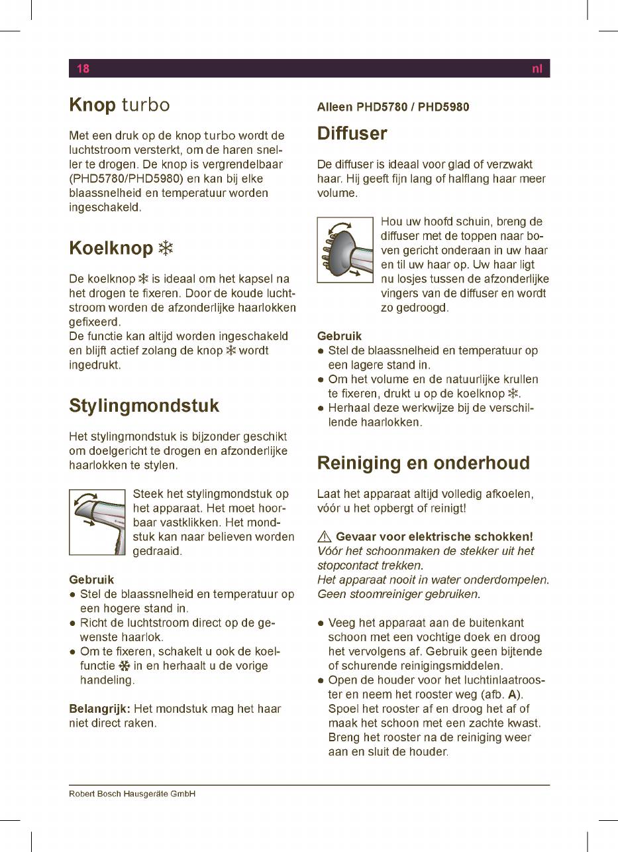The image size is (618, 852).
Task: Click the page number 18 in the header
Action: pos(83,68)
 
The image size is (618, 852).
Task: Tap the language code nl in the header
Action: pos(537,68)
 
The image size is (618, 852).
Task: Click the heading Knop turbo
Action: pos(119,105)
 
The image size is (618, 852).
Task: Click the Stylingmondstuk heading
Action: pos(144,405)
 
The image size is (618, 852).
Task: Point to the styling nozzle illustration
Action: pos(97,522)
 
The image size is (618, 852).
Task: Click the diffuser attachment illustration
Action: pos(345,249)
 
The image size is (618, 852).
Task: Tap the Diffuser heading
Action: pos(352,133)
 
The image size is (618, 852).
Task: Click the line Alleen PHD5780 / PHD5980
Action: pos(393,107)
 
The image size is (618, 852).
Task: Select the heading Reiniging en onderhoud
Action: pos(423,463)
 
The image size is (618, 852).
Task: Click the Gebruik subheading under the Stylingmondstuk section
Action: pos(91,579)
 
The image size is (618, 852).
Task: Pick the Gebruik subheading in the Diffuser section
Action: pos(339,336)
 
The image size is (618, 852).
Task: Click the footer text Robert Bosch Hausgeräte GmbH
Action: pos(132,794)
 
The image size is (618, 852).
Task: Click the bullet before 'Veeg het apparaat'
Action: pos(321,623)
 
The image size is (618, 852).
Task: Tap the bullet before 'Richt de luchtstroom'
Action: pos(72,623)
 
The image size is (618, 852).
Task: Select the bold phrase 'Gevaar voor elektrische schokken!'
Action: pos(435,536)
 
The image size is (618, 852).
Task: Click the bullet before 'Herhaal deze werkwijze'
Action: pos(321,408)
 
